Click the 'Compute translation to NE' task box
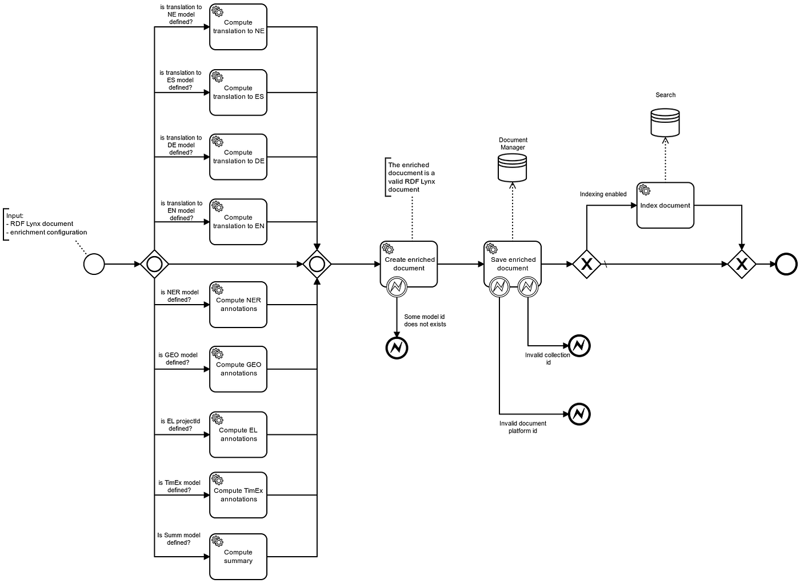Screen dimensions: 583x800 point(238,27)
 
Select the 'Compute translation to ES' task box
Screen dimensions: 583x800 point(238,93)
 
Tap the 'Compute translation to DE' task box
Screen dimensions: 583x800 point(238,157)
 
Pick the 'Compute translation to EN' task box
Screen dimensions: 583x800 point(238,222)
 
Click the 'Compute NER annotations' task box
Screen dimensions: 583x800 point(238,305)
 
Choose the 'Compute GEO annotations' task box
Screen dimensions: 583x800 point(238,369)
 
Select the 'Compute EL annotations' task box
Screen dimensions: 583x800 point(238,435)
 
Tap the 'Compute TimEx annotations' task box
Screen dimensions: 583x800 point(238,495)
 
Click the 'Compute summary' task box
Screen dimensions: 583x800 point(238,557)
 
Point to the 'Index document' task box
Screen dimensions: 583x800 point(665,206)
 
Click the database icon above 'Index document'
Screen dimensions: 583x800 point(665,123)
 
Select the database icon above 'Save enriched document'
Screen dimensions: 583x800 point(512,168)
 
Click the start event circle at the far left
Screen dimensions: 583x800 point(94,264)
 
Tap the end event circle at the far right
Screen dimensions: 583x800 point(786,264)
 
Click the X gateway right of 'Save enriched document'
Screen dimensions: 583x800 point(586,264)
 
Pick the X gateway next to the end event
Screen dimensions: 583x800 point(742,264)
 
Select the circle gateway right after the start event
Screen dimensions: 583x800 point(154,264)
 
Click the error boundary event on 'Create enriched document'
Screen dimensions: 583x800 point(397,286)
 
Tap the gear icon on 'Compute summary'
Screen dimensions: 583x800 point(217,541)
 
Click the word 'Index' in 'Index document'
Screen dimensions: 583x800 point(649,206)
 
